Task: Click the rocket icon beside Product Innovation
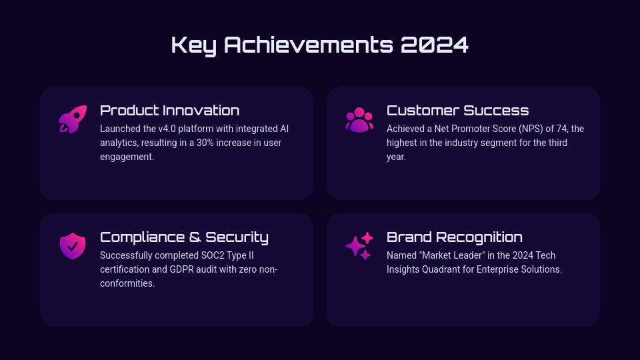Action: tap(73, 119)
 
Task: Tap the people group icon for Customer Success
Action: tap(359, 119)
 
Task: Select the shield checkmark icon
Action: tap(73, 246)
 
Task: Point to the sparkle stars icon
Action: tap(359, 246)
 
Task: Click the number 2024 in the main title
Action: tap(434, 45)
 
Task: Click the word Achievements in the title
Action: tap(309, 45)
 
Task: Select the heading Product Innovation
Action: tap(170, 110)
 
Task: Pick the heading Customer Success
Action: tap(457, 110)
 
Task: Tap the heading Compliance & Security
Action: tap(184, 237)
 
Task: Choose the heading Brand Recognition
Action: tap(454, 237)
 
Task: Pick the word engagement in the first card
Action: tap(127, 157)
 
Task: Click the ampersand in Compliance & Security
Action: tap(195, 237)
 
